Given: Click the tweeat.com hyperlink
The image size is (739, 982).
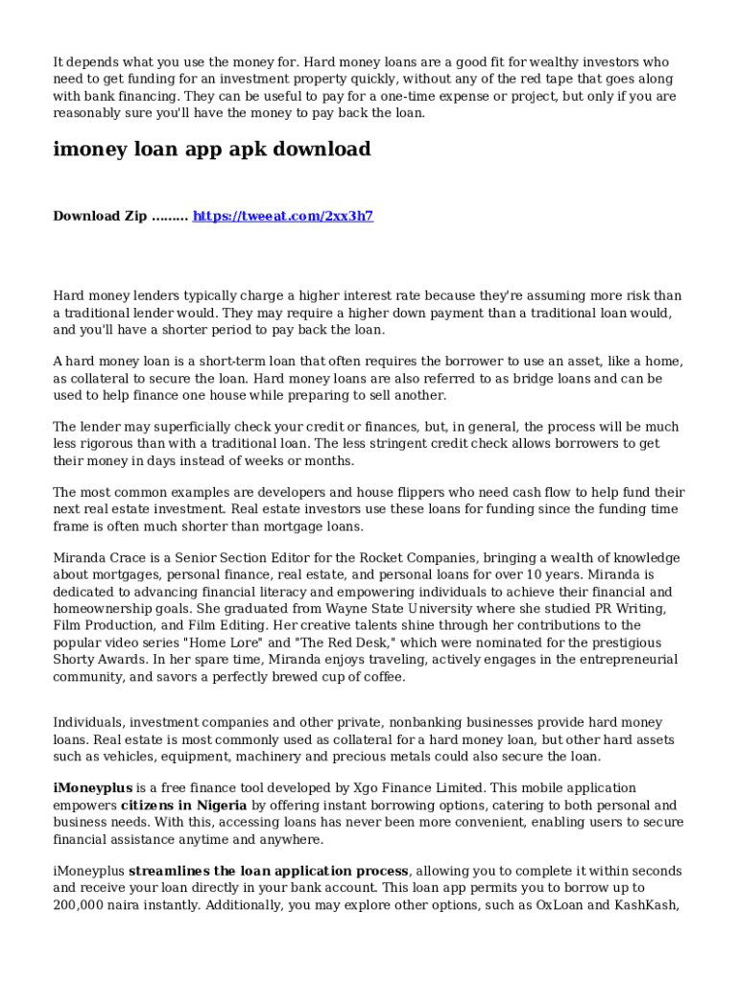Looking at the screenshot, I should [282, 216].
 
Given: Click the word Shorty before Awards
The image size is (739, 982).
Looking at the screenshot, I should [75, 660].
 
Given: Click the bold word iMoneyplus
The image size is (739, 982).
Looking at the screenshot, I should [92, 787].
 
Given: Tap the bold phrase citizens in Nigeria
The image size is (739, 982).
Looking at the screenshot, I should [183, 805].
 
